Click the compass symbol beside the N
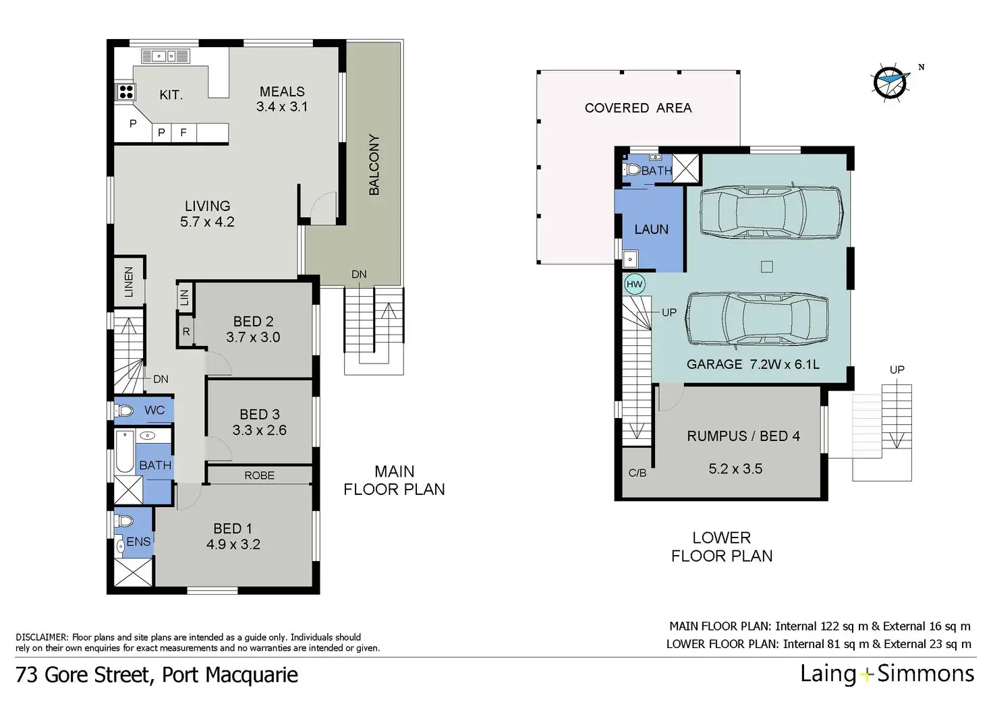[x=890, y=82]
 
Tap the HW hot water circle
[x=634, y=284]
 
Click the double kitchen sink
[x=165, y=56]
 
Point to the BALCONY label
[x=374, y=165]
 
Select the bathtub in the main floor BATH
[x=125, y=452]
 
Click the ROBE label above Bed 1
[x=259, y=475]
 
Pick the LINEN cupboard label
[x=129, y=282]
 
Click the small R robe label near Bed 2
[x=186, y=332]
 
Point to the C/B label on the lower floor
[x=637, y=473]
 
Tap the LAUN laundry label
[x=651, y=229]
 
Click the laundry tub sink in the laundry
[x=630, y=259]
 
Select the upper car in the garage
[x=771, y=211]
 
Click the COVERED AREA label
[x=638, y=108]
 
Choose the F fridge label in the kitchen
[x=183, y=132]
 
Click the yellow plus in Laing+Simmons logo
[x=866, y=674]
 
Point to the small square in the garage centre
[x=766, y=266]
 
